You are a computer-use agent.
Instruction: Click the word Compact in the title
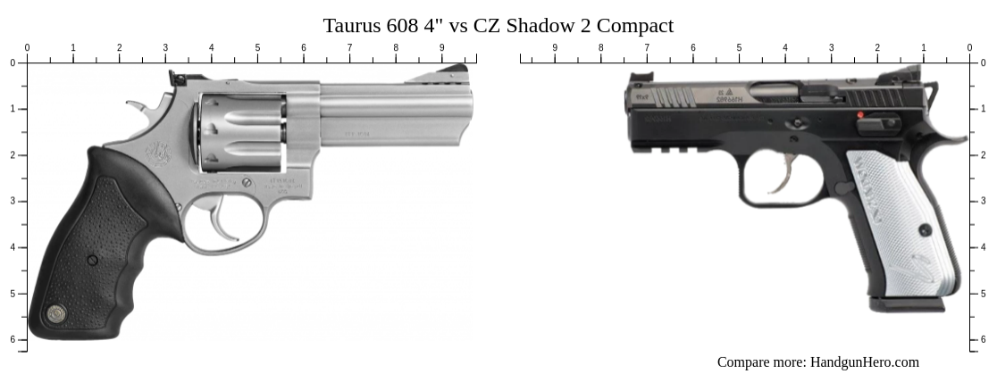coord(635,25)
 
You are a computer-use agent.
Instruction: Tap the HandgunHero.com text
coord(864,362)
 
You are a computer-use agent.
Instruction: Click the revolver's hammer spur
coord(137,107)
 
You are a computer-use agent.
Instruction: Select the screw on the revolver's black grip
coord(92,260)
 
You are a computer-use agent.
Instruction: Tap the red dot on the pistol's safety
coord(861,115)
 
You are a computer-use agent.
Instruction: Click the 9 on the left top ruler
coord(441,47)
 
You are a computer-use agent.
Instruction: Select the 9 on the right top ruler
coord(555,47)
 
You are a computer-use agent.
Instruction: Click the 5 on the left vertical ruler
coord(13,294)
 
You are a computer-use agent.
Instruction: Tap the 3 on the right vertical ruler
coord(984,201)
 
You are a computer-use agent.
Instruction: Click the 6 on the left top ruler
coord(304,47)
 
